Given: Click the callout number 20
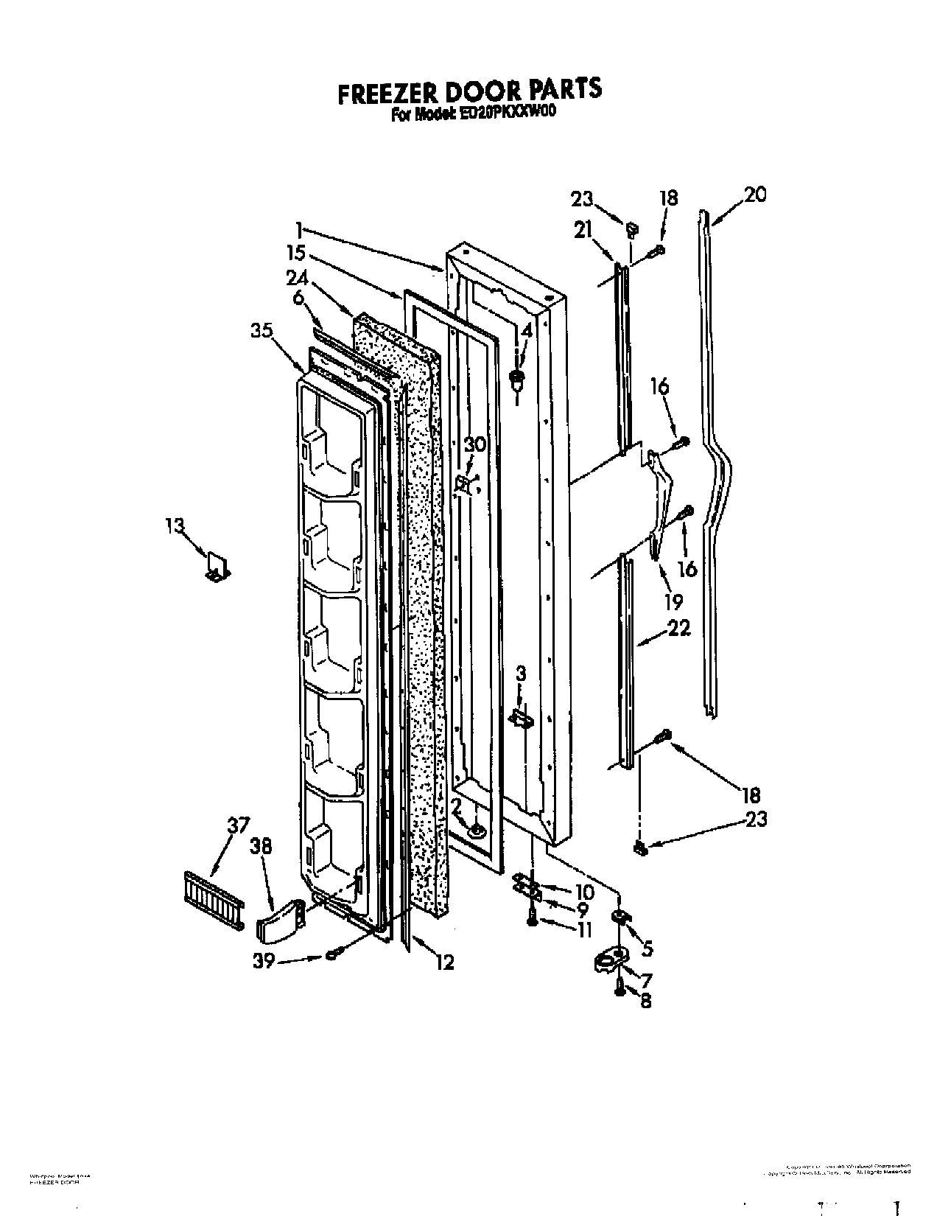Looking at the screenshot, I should (754, 195).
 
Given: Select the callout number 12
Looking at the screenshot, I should (444, 962).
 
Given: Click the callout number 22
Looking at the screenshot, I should (679, 628).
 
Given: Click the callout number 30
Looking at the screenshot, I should (475, 444).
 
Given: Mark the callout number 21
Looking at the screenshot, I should (583, 231).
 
